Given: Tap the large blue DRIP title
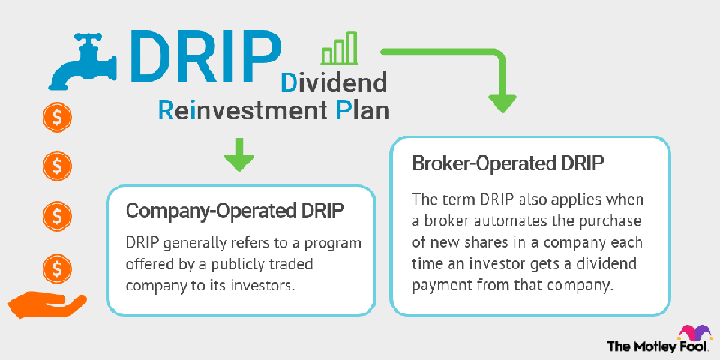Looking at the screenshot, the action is [205, 56].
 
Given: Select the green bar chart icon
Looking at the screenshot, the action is [339, 47].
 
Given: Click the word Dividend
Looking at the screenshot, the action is [333, 83].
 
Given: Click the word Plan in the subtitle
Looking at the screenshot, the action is [362, 110].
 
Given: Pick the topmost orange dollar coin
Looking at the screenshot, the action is [57, 118].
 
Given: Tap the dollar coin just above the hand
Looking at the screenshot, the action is [57, 269].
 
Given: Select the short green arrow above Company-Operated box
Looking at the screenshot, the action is [239, 155].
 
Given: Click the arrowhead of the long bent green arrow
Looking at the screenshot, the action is [502, 102].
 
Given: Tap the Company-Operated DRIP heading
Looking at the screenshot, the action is [235, 211].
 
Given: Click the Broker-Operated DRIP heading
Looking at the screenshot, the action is [507, 164].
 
